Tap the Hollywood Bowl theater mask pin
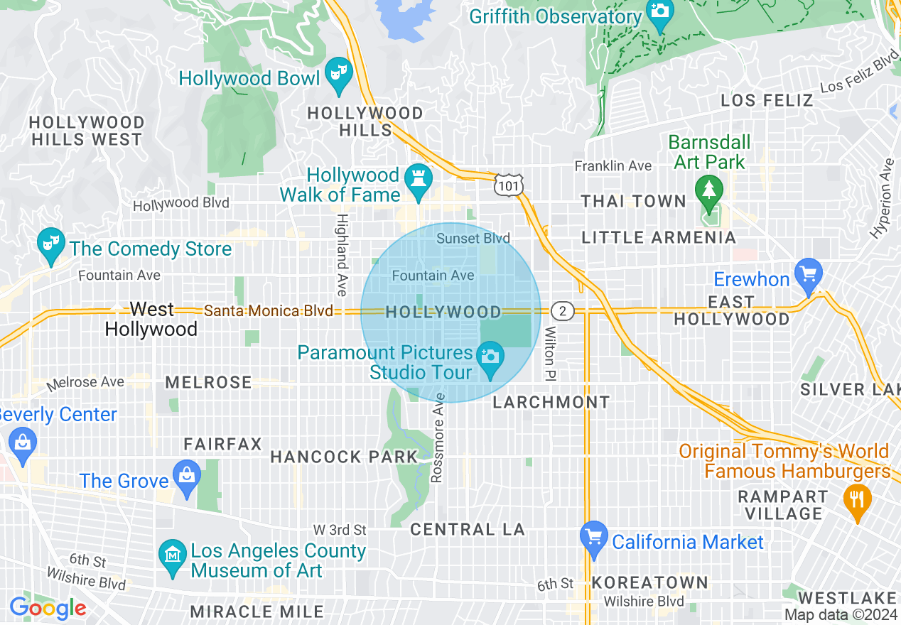click(339, 74)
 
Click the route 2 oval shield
click(562, 311)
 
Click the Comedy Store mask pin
click(50, 245)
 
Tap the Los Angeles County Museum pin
click(172, 555)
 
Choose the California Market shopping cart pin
click(593, 538)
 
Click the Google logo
click(48, 608)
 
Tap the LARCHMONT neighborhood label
click(551, 402)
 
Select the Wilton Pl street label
click(551, 353)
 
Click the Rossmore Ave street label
click(438, 437)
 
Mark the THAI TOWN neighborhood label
click(634, 201)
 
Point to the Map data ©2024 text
click(841, 615)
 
